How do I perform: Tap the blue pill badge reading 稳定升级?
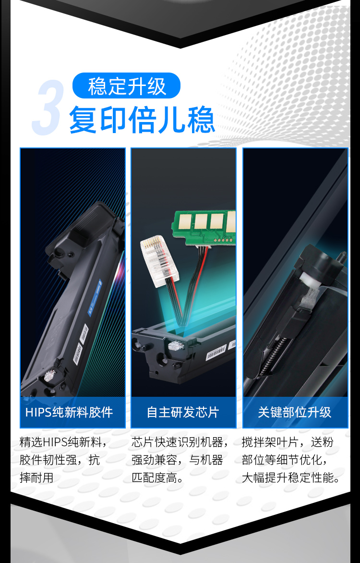click(126, 86)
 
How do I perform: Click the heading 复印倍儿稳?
click(142, 120)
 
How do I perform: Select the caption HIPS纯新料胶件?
click(69, 412)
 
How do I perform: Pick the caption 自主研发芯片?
click(183, 412)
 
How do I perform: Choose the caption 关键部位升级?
click(295, 412)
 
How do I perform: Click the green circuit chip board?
click(204, 227)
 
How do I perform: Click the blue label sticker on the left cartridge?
click(95, 297)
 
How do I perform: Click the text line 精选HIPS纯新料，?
click(63, 442)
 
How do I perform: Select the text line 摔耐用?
click(36, 478)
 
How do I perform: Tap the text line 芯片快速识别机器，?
click(180, 442)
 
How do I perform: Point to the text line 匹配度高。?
click(158, 478)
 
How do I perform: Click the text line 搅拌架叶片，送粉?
click(288, 442)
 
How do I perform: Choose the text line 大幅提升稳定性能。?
click(291, 478)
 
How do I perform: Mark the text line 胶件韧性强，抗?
click(60, 460)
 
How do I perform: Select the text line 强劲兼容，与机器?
click(177, 460)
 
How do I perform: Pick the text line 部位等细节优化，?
click(285, 460)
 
